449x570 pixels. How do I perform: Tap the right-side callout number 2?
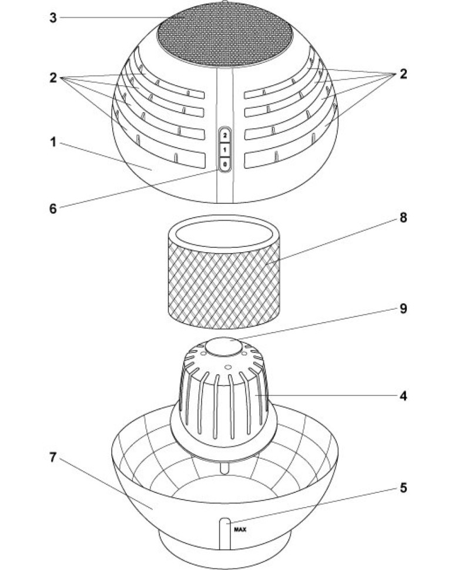(403, 74)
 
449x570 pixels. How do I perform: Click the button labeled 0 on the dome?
(225, 164)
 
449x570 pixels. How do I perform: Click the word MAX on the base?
(240, 528)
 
